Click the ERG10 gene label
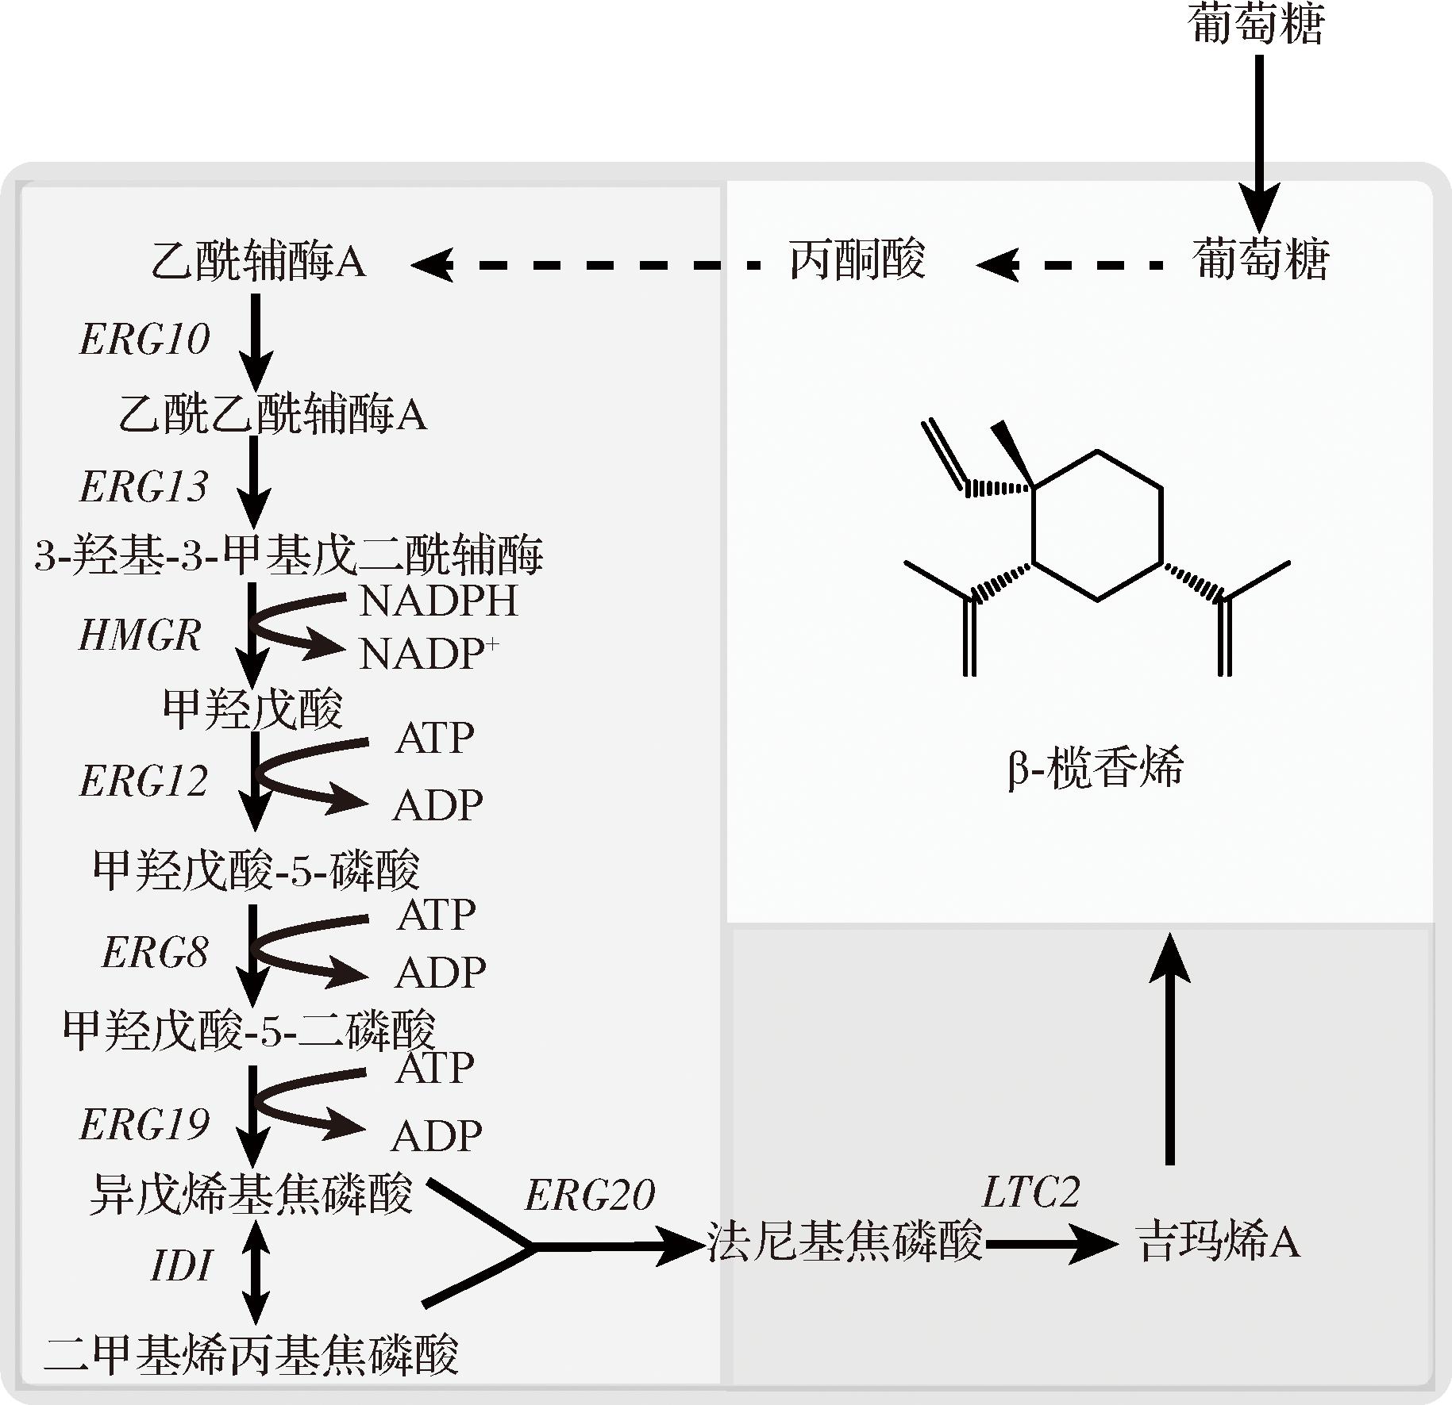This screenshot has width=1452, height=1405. coord(144,339)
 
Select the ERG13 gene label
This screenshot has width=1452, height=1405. coord(144,486)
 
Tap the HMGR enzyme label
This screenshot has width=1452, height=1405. coord(140,635)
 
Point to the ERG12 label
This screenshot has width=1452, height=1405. coord(144,781)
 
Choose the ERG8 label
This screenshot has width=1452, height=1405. coord(155,952)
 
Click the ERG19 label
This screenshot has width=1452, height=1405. coord(144,1124)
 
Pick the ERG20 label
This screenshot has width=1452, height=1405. coord(590,1194)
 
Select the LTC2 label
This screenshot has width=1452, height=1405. coord(1030,1192)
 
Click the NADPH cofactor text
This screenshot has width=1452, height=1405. coord(438,601)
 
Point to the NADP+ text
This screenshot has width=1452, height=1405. coord(429,655)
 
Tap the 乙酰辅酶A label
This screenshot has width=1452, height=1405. coord(258,261)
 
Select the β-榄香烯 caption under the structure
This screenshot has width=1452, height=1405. coord(1094,767)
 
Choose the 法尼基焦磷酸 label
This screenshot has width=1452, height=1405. coord(844,1242)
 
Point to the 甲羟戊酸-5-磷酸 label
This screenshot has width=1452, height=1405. coord(256,870)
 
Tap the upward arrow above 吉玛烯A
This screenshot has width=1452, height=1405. coord(1169,1047)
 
